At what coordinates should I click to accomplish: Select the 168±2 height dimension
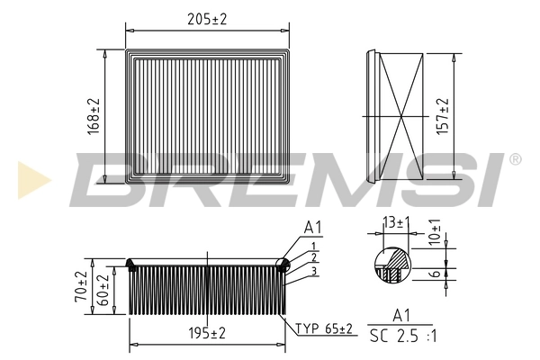pyautogui.click(x=94, y=114)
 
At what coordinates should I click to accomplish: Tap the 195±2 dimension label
pyautogui.click(x=207, y=333)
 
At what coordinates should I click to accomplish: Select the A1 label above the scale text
pyautogui.click(x=400, y=315)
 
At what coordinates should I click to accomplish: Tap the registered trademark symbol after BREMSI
pyautogui.click(x=515, y=159)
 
